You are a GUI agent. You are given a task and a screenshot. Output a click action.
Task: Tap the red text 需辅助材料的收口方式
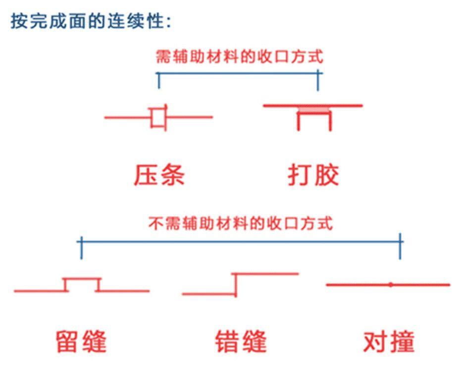240,56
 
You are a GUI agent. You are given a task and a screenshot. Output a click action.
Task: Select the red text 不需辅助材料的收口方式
241,223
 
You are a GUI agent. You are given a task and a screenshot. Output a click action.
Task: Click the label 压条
159,175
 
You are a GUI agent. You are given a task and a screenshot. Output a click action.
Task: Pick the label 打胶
313,175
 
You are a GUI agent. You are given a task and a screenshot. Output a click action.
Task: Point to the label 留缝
81,341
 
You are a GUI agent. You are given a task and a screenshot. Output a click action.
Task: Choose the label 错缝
241,341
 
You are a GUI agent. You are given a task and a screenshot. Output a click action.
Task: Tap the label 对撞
389,341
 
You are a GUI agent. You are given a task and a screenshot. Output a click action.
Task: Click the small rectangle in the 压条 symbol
158,117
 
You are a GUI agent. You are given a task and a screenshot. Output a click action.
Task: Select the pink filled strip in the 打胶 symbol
313,110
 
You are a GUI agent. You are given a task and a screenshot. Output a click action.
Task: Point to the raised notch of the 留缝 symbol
82,278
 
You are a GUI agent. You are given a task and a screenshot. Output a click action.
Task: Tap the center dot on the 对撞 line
391,285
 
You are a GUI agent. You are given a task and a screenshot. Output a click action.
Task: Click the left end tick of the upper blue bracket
159,80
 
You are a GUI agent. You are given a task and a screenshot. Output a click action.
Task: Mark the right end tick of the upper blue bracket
318,80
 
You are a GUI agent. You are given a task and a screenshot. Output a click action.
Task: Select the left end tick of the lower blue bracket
81,248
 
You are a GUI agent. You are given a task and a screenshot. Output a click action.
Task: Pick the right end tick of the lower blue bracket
400,246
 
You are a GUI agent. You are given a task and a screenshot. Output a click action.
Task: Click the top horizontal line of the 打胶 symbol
313,105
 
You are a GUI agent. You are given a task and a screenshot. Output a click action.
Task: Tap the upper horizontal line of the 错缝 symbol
265,274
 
